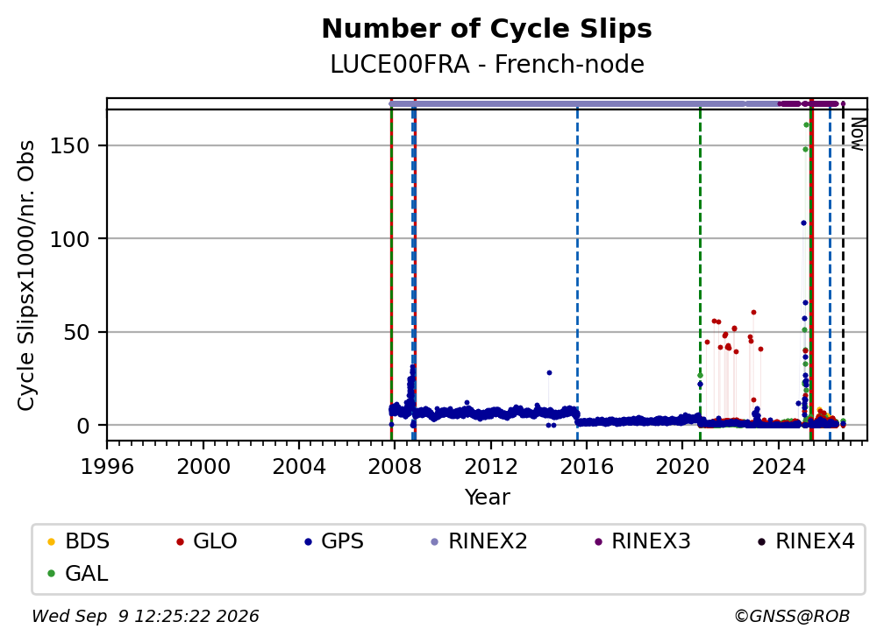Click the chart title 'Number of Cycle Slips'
[x=487, y=29]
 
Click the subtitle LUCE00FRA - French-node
[x=487, y=65]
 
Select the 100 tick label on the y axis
[x=70, y=239]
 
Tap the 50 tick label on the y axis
[x=76, y=332]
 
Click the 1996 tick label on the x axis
[x=107, y=466]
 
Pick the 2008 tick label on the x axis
[x=395, y=466]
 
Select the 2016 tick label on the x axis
[x=587, y=466]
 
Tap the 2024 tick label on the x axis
[x=778, y=466]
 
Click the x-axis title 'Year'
[x=487, y=498]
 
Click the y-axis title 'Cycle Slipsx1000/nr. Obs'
[x=26, y=275]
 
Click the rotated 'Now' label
[x=857, y=134]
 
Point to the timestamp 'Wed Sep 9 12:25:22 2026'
[x=146, y=616]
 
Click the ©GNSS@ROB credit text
[x=792, y=616]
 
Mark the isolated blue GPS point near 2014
[x=549, y=372]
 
